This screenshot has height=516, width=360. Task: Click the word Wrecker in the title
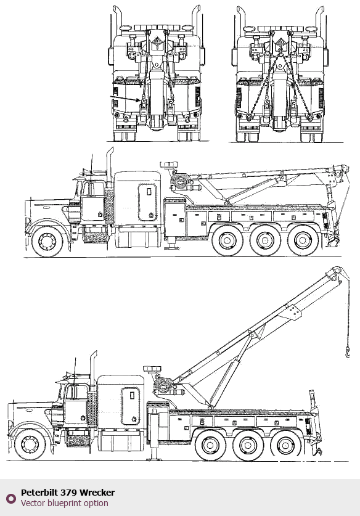point(97,493)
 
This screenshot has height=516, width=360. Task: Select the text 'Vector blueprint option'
point(65,503)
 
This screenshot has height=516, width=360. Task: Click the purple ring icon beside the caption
point(11,498)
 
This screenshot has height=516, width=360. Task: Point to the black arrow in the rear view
point(126,99)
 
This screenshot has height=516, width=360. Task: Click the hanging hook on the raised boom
point(348,353)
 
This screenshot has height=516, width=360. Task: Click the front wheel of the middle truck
point(47,241)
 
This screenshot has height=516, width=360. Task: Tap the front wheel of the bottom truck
point(30,444)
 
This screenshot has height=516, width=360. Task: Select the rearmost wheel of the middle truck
point(303,241)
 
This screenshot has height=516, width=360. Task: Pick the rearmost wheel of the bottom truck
point(285,445)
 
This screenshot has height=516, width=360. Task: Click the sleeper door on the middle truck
point(147,202)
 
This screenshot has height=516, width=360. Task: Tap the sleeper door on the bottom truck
point(130,406)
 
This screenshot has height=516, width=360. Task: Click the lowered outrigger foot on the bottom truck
point(154,458)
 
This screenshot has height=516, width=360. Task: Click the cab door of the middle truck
point(92,200)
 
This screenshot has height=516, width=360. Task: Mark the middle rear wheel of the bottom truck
point(247,445)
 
